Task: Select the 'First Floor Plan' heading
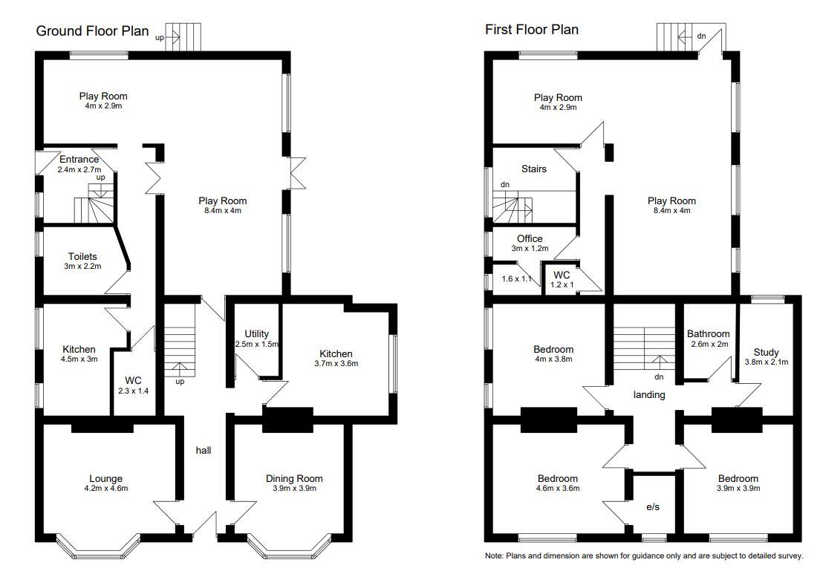(531, 30)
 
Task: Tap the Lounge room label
(105, 479)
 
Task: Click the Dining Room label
(294, 479)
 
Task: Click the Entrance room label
(79, 160)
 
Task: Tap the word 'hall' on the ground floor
(204, 450)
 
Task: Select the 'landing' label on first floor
(648, 395)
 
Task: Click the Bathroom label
(708, 334)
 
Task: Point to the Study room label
(766, 352)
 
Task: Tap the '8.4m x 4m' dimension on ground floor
(222, 211)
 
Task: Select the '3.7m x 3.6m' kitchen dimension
(336, 364)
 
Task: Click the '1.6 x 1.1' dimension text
(518, 278)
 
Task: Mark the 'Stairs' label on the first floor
(533, 169)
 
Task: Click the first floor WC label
(562, 275)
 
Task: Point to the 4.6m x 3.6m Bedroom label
(557, 479)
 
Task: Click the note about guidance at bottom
(644, 556)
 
